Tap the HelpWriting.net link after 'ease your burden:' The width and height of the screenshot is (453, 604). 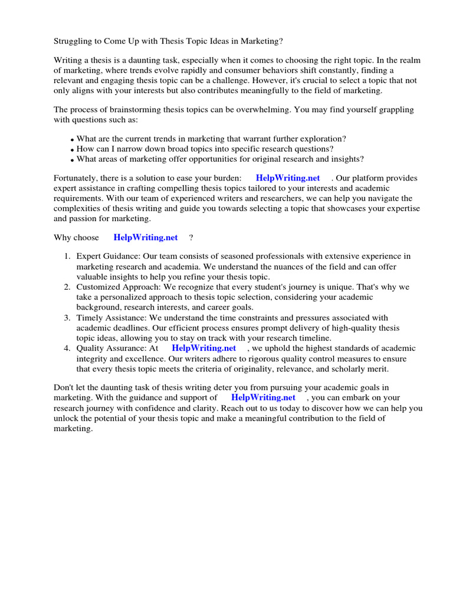[288, 178]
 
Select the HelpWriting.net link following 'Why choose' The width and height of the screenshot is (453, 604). [145, 238]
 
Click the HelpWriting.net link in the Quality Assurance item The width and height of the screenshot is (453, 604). [203, 348]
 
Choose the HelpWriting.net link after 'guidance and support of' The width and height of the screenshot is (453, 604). [264, 398]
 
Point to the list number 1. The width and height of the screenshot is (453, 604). [67, 256]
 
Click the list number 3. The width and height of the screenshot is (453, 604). [67, 318]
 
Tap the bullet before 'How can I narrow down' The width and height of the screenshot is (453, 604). [72, 149]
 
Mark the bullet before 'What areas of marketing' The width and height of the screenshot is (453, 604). [72, 160]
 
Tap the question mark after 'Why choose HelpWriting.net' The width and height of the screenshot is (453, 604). [191, 238]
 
